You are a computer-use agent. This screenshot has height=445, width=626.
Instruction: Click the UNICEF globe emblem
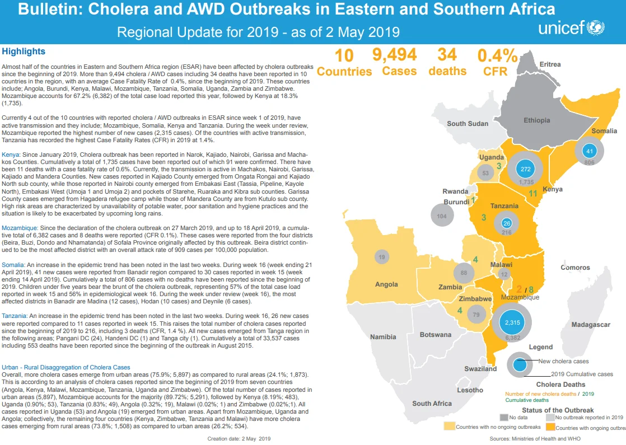[x=596, y=27]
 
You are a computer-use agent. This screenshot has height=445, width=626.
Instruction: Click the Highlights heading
[x=24, y=51]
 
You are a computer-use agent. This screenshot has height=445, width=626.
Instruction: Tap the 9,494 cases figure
[x=394, y=55]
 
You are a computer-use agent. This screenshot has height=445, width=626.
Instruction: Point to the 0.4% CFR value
[x=497, y=55]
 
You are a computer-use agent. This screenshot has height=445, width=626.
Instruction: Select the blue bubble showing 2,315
[x=512, y=322]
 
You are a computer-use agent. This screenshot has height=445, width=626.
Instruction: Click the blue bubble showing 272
[x=526, y=169]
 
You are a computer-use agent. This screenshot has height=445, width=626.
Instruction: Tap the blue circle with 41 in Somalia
[x=589, y=151]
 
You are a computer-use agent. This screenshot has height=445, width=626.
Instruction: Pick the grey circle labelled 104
[x=442, y=216]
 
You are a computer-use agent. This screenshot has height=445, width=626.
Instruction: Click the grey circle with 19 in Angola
[x=382, y=257]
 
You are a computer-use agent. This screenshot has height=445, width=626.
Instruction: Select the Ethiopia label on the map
[x=536, y=120]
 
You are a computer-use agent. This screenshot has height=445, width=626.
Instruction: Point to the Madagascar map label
[x=591, y=325]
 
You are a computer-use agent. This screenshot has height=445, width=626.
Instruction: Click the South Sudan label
[x=468, y=123]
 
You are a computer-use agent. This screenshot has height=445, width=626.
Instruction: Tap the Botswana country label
[x=435, y=334]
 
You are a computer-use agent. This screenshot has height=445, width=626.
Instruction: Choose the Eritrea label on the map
[x=550, y=64]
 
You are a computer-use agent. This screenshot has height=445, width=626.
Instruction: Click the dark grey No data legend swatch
[x=504, y=417]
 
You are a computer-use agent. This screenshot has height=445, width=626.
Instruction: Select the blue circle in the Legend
[x=520, y=365]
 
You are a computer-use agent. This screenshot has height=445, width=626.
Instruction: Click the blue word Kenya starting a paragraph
[x=11, y=154]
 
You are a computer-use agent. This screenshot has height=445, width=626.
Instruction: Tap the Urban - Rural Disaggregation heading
[x=66, y=367]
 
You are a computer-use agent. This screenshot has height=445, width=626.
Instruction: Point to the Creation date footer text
[x=239, y=439]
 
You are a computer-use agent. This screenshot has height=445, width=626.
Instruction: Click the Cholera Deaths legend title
[x=560, y=385]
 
